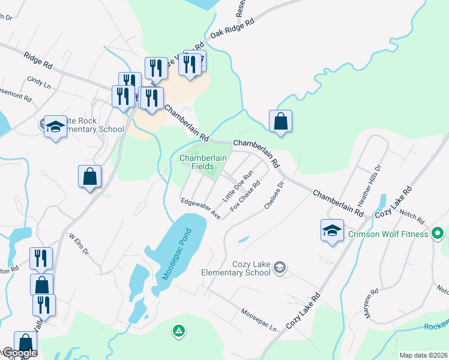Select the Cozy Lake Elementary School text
[x=252, y=269]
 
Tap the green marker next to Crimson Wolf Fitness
[x=438, y=233]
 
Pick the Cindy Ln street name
[x=38, y=83]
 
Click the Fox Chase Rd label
[x=244, y=197]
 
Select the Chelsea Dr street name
[x=274, y=196]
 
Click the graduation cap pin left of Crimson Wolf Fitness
[x=332, y=231]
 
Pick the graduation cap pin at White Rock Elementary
[x=56, y=127]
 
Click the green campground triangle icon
[x=178, y=330]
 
